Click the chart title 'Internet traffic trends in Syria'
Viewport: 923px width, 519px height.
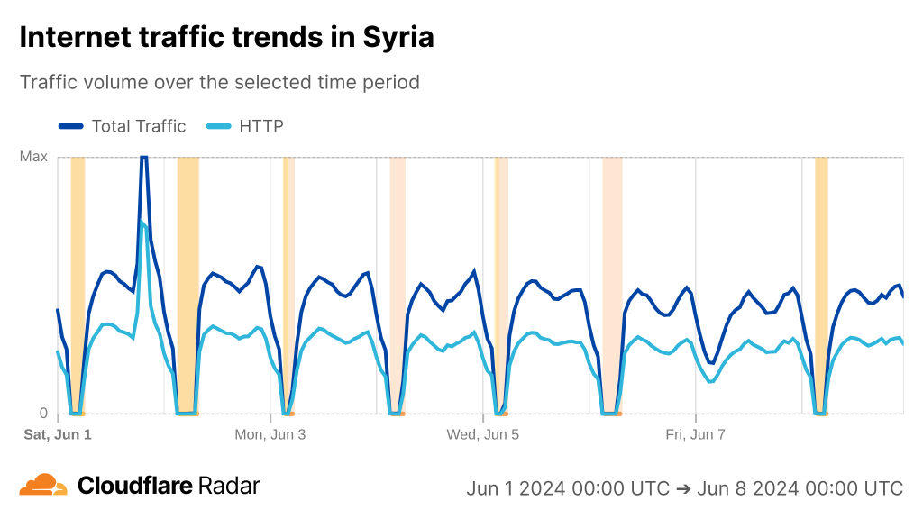[226, 37]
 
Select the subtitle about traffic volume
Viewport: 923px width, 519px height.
[220, 82]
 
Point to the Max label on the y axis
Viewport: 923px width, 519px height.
[33, 157]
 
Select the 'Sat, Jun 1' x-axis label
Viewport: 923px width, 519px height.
[58, 434]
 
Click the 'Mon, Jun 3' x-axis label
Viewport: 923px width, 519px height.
[270, 434]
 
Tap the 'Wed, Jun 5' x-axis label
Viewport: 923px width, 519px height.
[483, 434]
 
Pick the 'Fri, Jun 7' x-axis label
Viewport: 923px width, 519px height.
[696, 434]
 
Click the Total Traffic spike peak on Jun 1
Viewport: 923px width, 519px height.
[143, 159]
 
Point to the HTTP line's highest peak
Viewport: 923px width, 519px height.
[141, 222]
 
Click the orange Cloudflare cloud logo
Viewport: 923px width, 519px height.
[43, 486]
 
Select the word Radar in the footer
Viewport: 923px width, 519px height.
[229, 486]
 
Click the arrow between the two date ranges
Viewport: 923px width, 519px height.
[683, 488]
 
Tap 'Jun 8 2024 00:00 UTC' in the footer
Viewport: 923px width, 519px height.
[800, 488]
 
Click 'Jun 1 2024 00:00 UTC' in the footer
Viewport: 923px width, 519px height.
[568, 488]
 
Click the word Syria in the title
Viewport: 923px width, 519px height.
[398, 37]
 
